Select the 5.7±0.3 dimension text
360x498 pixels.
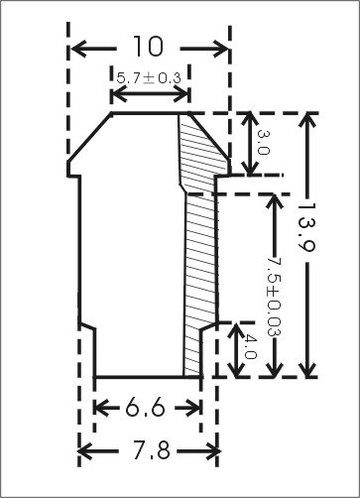(x=149, y=76)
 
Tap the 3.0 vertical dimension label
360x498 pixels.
(x=263, y=144)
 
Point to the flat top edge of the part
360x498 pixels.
(x=144, y=113)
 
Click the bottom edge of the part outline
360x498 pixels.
(x=139, y=377)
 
